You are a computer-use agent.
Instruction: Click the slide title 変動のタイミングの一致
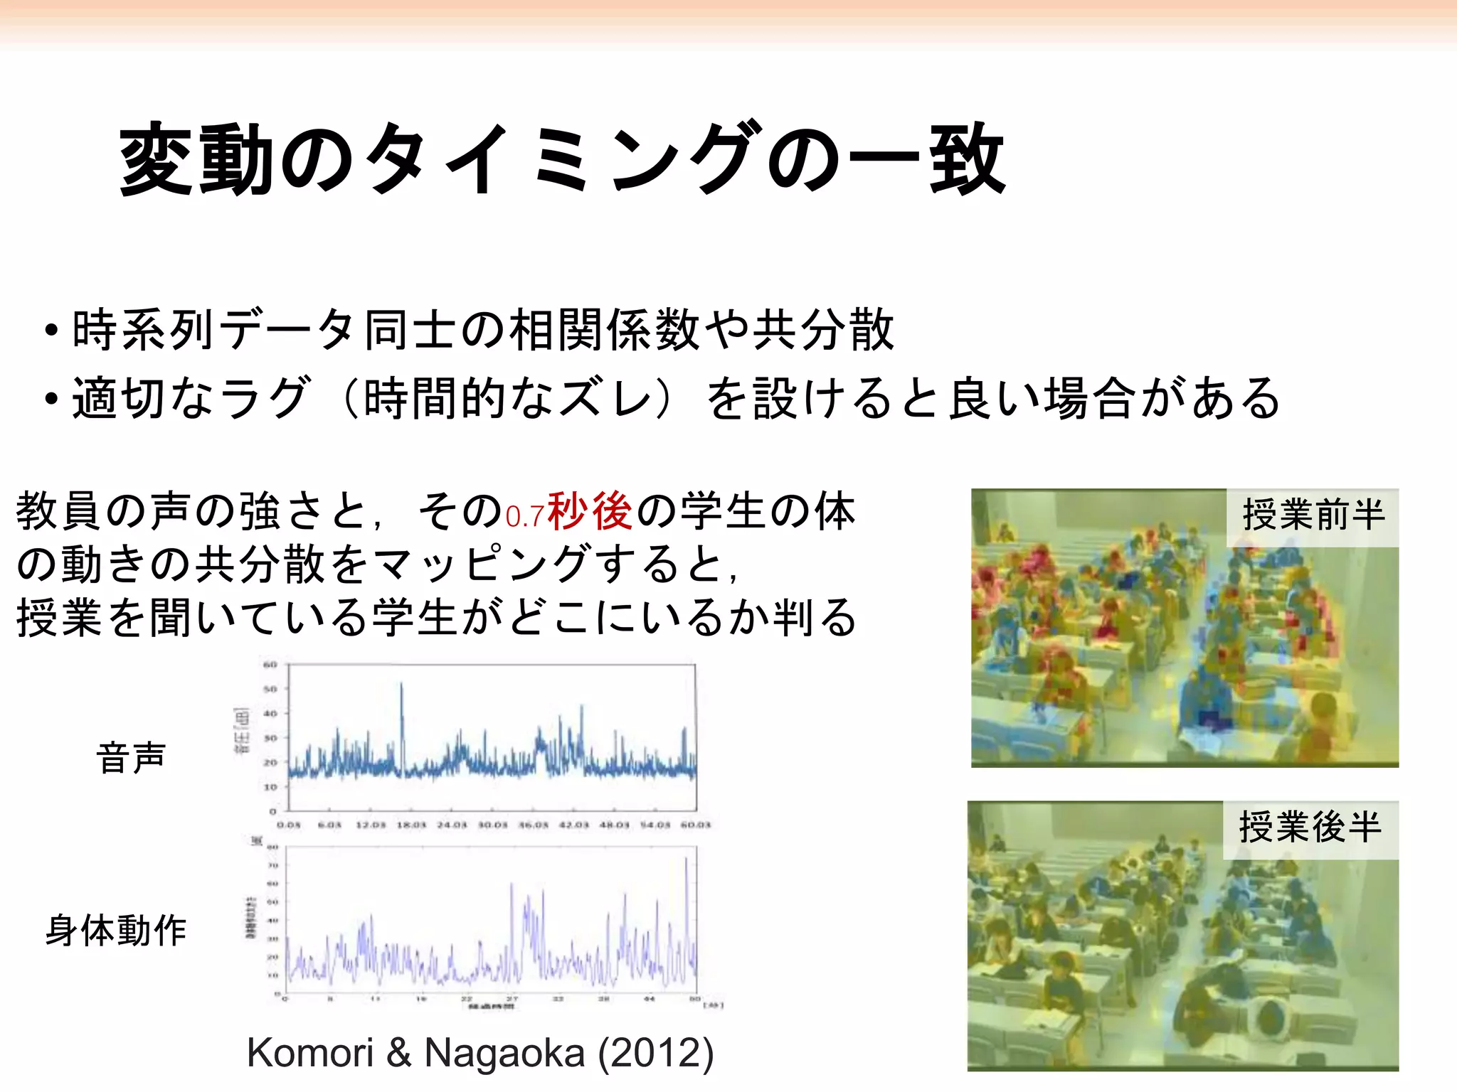click(x=562, y=160)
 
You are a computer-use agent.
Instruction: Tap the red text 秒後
click(x=590, y=511)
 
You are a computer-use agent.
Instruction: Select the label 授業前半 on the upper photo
click(x=1313, y=515)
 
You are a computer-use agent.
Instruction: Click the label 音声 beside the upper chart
click(x=131, y=757)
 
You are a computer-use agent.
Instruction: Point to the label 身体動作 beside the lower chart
click(x=116, y=931)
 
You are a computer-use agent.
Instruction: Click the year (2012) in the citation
click(x=655, y=1053)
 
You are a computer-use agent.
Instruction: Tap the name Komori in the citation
click(x=310, y=1053)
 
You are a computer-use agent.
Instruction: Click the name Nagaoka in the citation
click(x=504, y=1053)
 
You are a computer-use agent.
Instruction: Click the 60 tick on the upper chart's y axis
click(x=270, y=665)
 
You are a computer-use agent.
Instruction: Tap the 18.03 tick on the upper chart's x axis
click(x=410, y=825)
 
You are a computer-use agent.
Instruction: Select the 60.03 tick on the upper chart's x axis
click(x=695, y=825)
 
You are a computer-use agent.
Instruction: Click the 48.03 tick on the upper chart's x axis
click(x=614, y=825)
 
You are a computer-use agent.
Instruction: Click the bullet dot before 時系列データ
click(x=51, y=331)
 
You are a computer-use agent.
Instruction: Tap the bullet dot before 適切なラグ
click(x=51, y=399)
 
